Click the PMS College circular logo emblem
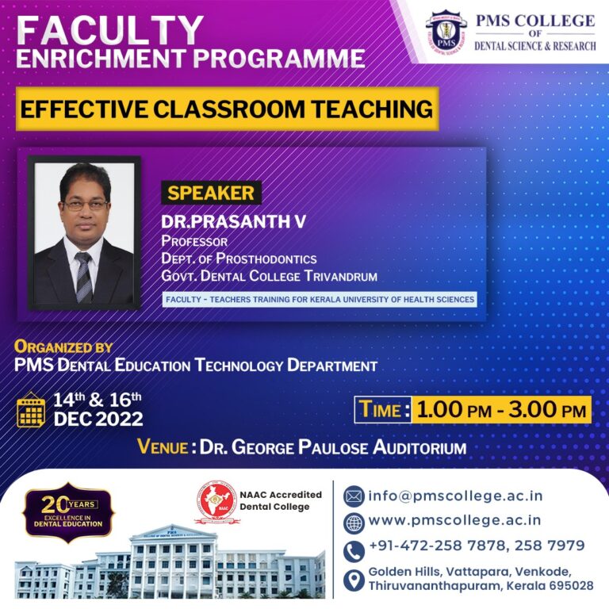(446, 33)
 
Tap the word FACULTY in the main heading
(110, 29)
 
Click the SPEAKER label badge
(211, 193)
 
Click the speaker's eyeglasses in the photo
(85, 205)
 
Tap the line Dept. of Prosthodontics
(239, 259)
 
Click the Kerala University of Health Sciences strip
(320, 300)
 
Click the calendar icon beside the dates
(32, 408)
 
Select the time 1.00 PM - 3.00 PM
(501, 410)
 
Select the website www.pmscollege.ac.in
(455, 520)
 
